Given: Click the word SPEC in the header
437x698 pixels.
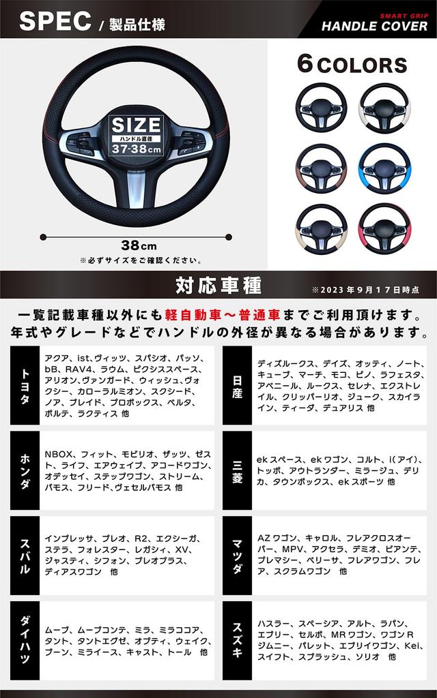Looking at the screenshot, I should pos(55,21).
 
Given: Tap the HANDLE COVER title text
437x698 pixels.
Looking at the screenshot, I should pos(375,26).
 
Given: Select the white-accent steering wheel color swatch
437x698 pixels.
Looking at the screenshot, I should pos(384,106).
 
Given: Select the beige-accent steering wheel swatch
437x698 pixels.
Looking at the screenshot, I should pos(321,229).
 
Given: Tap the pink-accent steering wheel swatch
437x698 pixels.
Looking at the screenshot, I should pos(384,229).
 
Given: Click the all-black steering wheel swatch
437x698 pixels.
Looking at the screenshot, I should pos(321,106).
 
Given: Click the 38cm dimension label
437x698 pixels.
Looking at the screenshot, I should pos(139,245).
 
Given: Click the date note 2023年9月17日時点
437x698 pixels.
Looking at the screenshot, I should pos(365,289).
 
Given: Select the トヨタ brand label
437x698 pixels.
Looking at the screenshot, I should pos(25,386).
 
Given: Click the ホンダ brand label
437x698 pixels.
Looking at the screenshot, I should pos(25,470).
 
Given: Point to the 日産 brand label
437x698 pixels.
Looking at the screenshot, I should pos(237,386).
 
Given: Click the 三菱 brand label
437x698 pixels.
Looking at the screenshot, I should pos(237,470).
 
